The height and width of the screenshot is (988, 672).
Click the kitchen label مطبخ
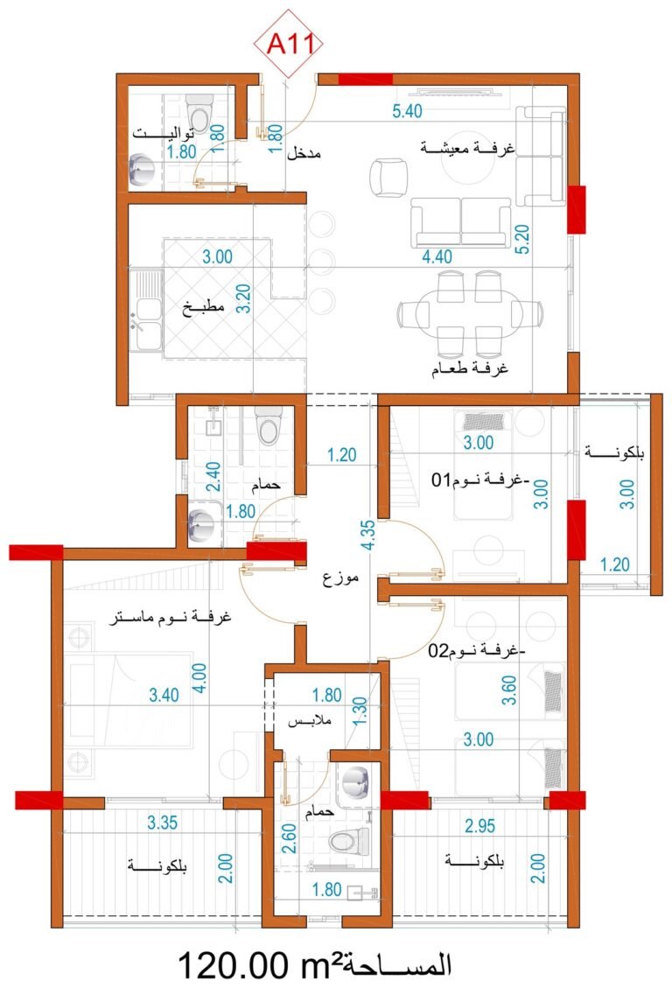click(x=203, y=309)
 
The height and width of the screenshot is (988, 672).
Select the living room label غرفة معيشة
click(x=466, y=149)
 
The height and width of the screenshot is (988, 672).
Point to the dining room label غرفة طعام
click(x=470, y=368)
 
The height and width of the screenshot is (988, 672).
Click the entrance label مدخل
click(x=304, y=153)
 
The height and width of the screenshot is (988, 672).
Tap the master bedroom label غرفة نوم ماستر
click(x=170, y=617)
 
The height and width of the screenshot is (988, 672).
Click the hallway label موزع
click(x=340, y=578)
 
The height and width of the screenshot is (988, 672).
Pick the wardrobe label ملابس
click(x=310, y=721)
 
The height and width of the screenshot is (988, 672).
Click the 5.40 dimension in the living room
click(x=407, y=111)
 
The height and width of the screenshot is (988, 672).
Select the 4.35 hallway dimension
click(x=369, y=535)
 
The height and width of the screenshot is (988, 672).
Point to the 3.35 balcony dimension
click(x=163, y=823)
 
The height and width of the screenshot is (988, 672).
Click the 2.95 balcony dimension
click(x=479, y=825)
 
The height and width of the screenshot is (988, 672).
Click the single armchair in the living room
click(x=388, y=178)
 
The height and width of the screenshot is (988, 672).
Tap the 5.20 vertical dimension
click(x=522, y=240)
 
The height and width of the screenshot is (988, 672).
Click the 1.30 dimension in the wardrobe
click(x=360, y=711)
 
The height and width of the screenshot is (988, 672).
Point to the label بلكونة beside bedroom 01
click(x=614, y=452)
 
